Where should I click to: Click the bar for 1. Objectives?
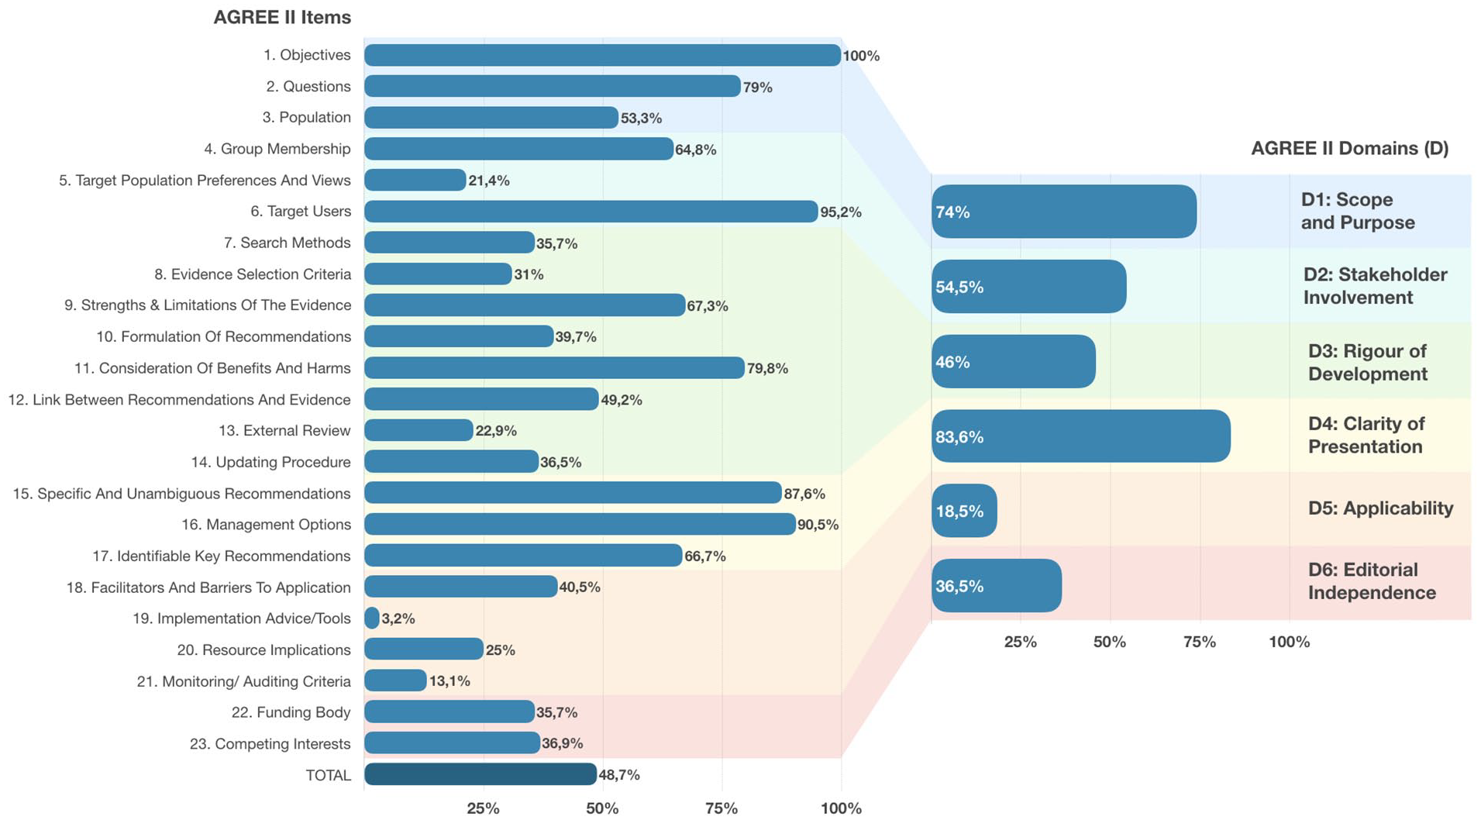[602, 55]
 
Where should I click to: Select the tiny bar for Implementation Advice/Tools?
[372, 618]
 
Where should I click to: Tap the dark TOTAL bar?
[480, 774]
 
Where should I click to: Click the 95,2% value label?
[841, 212]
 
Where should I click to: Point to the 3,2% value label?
[398, 618]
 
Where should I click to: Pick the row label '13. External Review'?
[284, 430]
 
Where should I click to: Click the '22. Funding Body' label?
[291, 712]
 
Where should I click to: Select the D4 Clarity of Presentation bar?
[1081, 436]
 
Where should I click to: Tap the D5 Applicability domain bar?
[964, 511]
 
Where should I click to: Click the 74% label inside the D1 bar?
[952, 212]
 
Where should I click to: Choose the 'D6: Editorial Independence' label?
[1372, 581]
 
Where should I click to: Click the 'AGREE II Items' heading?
[282, 17]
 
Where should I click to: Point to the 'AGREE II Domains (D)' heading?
[1349, 148]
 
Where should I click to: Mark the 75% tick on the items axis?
[722, 808]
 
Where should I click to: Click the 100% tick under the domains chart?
[1290, 642]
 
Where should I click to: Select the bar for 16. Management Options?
[580, 524]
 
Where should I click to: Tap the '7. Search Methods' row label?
[287, 243]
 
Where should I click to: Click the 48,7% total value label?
[619, 775]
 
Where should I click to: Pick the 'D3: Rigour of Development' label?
[1368, 363]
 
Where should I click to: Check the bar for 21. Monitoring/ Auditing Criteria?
[395, 680]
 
